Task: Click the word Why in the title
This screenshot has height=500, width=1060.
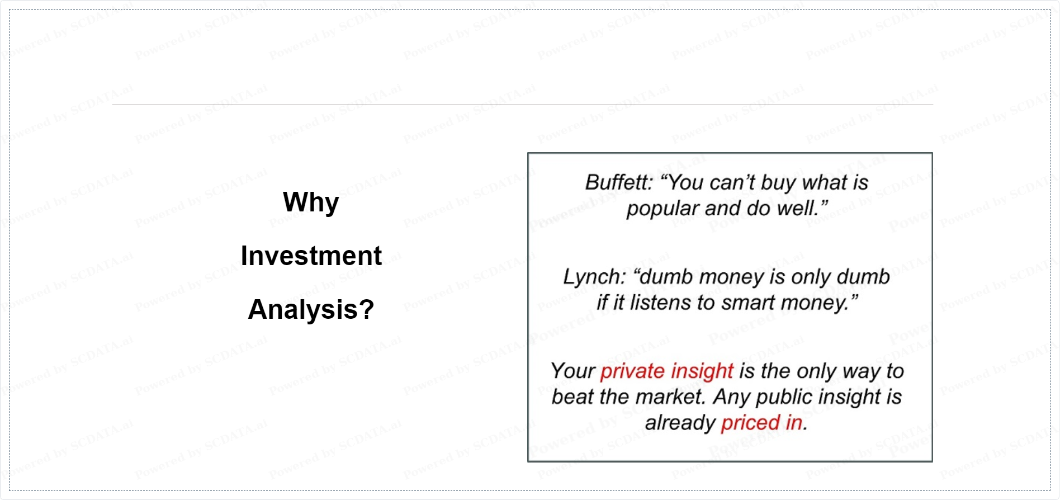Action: coord(311,202)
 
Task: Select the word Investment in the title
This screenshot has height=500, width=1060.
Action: coord(311,256)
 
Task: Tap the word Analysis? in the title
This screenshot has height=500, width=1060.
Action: coord(311,310)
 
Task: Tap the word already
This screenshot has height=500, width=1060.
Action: coord(680,423)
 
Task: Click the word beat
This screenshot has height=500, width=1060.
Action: coord(572,397)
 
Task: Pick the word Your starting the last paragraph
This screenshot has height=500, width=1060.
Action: coord(573,371)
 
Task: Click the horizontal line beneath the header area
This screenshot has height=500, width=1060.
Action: coord(523,105)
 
